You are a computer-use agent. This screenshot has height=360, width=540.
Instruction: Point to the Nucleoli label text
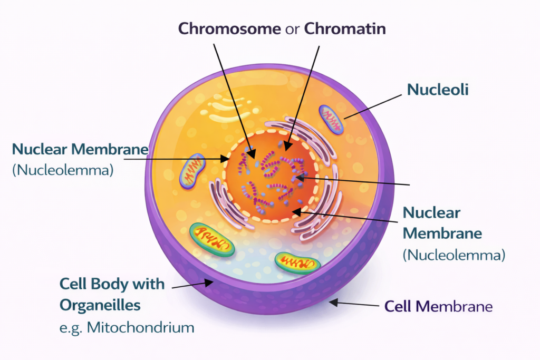click(x=437, y=90)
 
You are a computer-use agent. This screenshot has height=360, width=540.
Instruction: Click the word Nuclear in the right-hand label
click(x=431, y=213)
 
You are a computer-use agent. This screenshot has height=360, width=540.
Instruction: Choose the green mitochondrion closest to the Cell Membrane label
click(x=297, y=262)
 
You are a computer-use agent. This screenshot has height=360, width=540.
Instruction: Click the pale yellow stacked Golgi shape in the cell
click(x=232, y=108)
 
